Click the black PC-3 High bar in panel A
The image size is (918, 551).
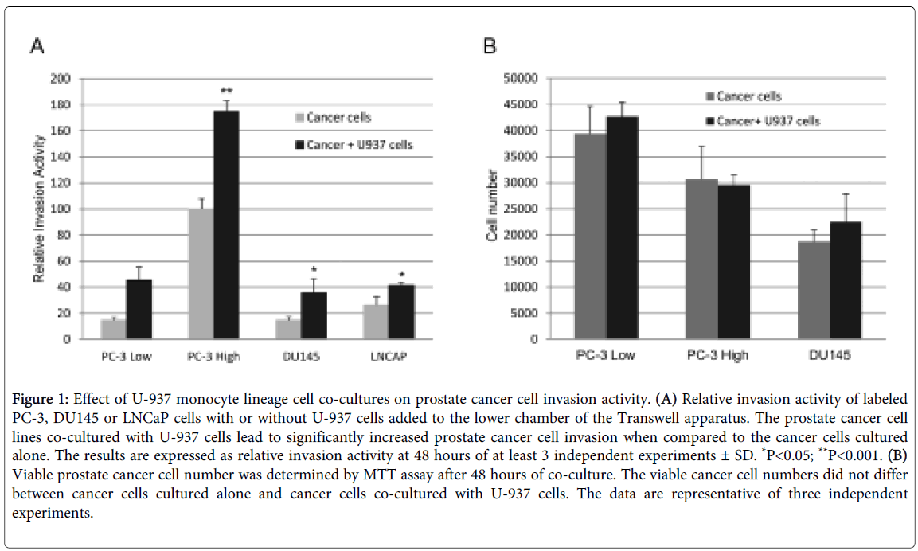(x=227, y=225)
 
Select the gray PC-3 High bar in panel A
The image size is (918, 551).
(x=201, y=274)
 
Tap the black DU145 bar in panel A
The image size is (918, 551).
(x=313, y=315)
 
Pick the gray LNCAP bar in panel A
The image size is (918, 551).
(x=375, y=322)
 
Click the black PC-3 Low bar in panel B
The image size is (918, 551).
(x=622, y=228)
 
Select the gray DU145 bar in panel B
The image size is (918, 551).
(x=814, y=291)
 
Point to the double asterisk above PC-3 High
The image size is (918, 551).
(x=226, y=92)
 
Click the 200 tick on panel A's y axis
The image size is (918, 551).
(x=60, y=79)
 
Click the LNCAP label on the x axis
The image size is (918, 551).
(x=389, y=357)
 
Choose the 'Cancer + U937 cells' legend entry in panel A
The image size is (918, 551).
(x=354, y=144)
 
